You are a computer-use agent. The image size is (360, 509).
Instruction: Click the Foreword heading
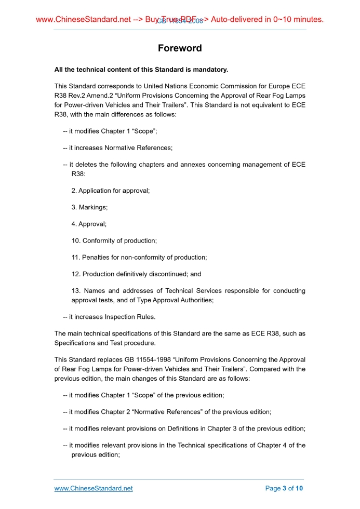[180, 48]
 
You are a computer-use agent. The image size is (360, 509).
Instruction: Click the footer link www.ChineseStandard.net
[94, 488]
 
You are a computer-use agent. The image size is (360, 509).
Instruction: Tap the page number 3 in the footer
[284, 488]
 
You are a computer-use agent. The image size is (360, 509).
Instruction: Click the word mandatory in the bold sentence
[206, 69]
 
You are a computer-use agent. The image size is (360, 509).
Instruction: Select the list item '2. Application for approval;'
[111, 191]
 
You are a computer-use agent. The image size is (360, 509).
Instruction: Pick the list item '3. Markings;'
[89, 207]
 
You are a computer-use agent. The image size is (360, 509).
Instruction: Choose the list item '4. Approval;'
[89, 224]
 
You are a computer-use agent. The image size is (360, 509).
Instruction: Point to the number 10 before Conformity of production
[75, 240]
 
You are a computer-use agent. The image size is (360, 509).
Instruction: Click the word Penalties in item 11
[96, 257]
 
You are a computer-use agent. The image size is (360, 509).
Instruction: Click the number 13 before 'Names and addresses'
[75, 291]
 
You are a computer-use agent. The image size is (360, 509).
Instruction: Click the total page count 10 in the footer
[299, 488]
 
